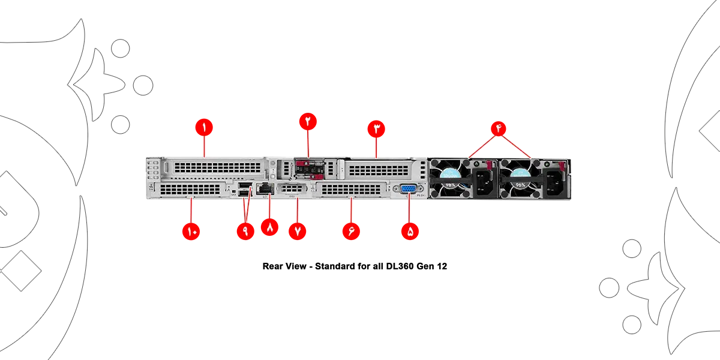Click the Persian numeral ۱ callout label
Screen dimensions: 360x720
coord(203,127)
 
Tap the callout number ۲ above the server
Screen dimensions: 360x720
coord(308,119)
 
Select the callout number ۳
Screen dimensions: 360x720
coord(377,128)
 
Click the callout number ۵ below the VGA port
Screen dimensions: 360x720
coord(410,232)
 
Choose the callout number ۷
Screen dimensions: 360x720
coord(298,232)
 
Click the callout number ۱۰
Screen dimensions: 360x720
coord(191,232)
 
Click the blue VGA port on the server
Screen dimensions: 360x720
coord(407,190)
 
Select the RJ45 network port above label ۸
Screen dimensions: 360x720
coord(265,189)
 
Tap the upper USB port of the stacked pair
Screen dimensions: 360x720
coord(244,185)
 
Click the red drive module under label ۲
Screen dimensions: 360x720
coord(310,168)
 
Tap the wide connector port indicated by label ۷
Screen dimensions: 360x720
coord(293,190)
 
